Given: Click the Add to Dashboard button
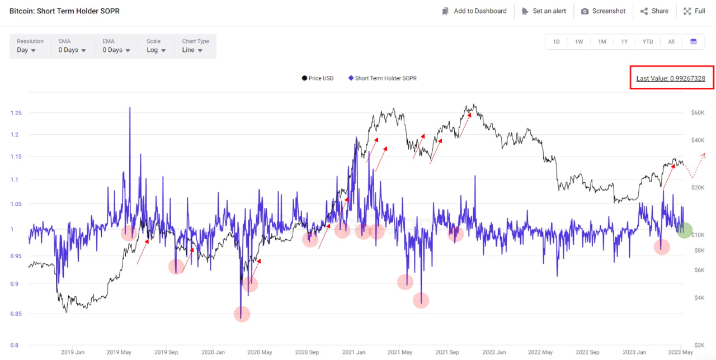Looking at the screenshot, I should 474,11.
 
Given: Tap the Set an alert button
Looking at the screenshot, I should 544,11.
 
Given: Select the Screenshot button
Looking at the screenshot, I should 603,11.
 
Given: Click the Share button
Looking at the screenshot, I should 654,11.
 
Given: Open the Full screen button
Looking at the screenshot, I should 694,11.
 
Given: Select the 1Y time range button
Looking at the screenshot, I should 624,42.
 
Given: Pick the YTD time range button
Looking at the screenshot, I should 648,42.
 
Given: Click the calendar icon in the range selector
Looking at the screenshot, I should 694,42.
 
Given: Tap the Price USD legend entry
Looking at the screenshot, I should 318,78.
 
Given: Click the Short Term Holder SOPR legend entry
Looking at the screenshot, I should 382,78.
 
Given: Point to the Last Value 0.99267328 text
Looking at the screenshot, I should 671,79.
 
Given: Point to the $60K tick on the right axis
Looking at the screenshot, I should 698,113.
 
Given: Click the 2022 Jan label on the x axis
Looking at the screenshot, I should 493,353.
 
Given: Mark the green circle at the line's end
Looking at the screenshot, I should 685,230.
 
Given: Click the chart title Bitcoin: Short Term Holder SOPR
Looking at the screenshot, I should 64,11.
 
